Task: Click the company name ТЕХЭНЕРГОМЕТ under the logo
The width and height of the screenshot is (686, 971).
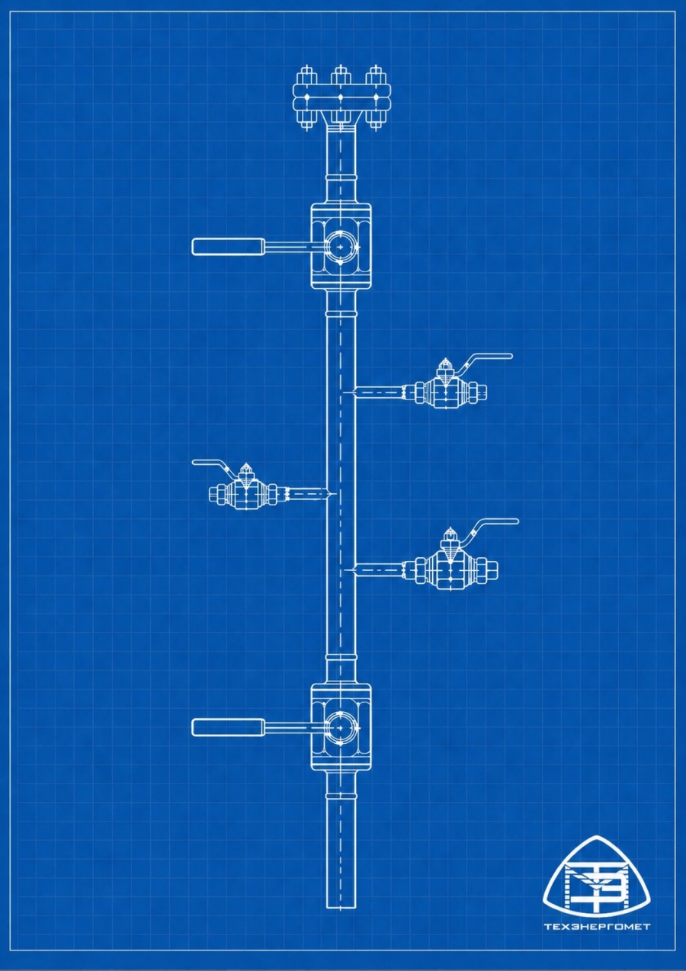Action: pos(597,927)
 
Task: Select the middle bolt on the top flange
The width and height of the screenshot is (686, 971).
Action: pos(341,98)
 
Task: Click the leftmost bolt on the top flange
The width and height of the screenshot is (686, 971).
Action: pos(306,98)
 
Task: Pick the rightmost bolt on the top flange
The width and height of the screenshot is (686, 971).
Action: pos(374,98)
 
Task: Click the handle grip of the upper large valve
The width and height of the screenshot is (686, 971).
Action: pos(228,246)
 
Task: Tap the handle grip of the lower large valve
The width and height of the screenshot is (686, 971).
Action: pos(228,727)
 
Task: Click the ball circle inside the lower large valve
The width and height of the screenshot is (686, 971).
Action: pos(341,728)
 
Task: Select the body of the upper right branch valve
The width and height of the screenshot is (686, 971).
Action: pos(446,392)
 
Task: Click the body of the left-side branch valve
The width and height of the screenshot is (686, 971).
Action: pos(246,494)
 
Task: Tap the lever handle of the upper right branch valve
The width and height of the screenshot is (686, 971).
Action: pos(488,357)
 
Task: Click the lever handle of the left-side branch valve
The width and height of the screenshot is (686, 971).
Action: pos(210,463)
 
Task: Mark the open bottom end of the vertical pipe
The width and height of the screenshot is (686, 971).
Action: pos(341,905)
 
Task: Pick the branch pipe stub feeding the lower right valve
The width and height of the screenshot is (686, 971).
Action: pos(379,568)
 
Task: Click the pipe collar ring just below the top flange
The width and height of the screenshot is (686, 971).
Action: pos(341,178)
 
